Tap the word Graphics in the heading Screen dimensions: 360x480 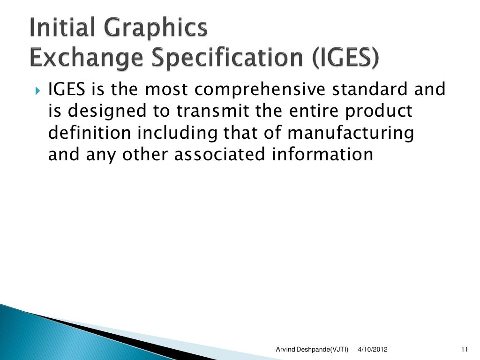coord(159,30)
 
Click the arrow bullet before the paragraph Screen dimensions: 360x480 coord(39,90)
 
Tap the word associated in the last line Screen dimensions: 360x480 coord(219,155)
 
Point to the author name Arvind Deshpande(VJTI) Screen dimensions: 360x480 coord(312,350)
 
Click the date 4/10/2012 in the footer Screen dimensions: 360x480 coord(373,350)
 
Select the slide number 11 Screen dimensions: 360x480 coord(465,350)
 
